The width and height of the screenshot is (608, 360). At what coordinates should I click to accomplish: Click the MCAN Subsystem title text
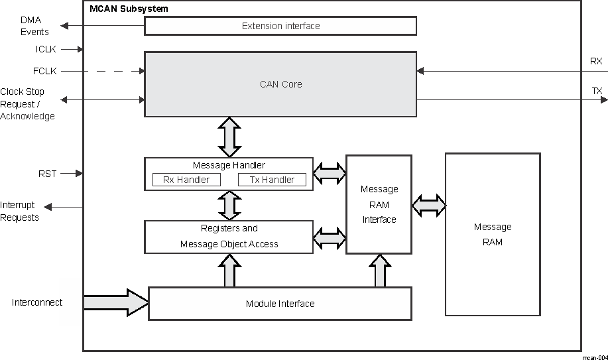(129, 9)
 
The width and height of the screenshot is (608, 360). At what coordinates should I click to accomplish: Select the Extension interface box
(280, 26)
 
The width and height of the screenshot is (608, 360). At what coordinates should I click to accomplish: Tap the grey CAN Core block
(280, 84)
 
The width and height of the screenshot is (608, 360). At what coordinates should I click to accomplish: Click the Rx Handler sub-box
(186, 180)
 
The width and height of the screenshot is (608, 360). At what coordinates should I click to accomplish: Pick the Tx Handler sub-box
(272, 180)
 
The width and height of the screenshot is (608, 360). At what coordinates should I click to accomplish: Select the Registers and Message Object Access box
(229, 237)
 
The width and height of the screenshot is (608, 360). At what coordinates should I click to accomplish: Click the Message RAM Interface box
(379, 204)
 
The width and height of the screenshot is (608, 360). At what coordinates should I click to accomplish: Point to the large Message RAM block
(492, 235)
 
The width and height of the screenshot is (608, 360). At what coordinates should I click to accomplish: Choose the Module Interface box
(280, 304)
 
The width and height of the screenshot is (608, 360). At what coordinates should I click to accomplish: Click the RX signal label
(596, 61)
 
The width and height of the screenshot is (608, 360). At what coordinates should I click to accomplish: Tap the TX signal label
(597, 90)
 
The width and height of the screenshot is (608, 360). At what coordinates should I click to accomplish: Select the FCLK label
(45, 71)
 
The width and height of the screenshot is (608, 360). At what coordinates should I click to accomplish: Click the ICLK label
(46, 49)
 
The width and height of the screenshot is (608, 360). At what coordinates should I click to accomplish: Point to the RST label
(48, 174)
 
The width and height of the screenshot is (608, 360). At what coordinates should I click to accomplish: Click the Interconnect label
(37, 302)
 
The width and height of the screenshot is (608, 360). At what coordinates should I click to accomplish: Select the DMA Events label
(34, 26)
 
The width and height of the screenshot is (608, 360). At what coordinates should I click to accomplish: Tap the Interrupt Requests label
(20, 211)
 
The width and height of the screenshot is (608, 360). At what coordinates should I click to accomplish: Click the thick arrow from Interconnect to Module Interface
(116, 302)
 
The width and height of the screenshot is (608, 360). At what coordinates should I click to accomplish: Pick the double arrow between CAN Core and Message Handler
(229, 137)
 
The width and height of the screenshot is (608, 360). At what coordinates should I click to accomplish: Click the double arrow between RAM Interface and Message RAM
(428, 206)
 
